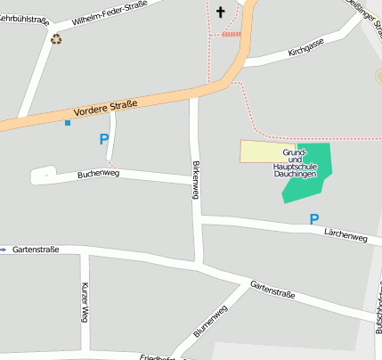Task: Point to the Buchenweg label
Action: (x=98, y=174)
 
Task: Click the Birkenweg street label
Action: (x=196, y=179)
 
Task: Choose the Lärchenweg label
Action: (x=345, y=235)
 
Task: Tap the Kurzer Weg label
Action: (x=85, y=301)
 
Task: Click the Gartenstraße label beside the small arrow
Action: (x=36, y=250)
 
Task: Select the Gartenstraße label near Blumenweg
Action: (x=272, y=288)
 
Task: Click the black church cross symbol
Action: (x=220, y=12)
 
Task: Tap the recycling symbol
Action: (x=57, y=38)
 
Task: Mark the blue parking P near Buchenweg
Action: (x=104, y=139)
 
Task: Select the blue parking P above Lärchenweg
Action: (x=313, y=218)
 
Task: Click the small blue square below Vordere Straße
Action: (x=67, y=123)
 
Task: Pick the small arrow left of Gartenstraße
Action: (x=3, y=250)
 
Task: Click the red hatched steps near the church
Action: (x=231, y=34)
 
